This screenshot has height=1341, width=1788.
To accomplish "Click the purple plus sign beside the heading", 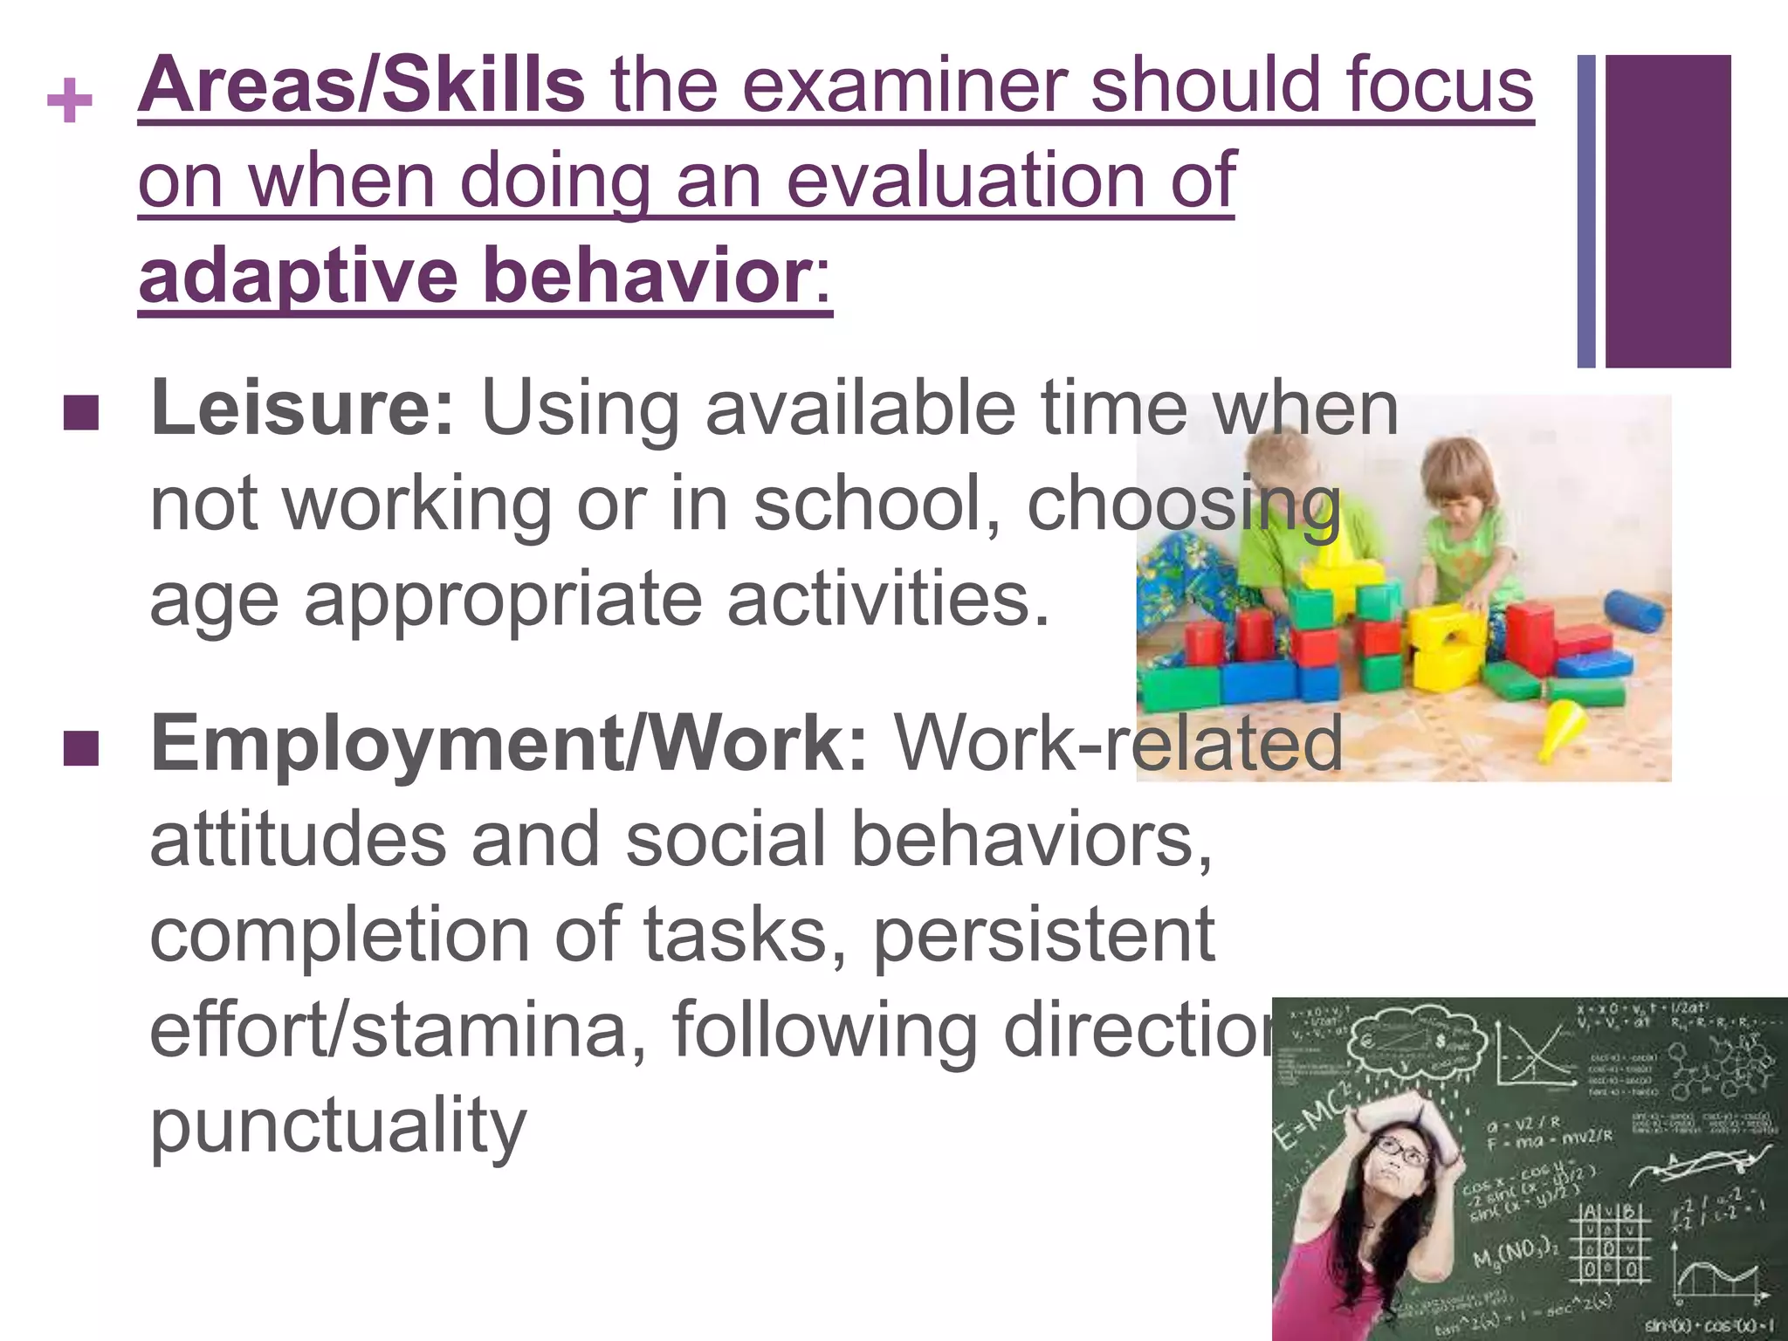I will pos(70,102).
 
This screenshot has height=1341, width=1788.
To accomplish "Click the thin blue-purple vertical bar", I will pos(1585,211).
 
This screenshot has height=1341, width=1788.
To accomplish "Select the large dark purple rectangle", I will pos(1668,211).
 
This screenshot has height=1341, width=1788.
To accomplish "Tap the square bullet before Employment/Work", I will pos(80,748).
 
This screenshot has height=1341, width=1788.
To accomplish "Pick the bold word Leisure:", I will pos(302,409).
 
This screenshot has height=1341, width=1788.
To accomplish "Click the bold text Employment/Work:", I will pos(509,744).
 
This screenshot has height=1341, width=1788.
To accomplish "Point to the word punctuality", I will pos(338,1126).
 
